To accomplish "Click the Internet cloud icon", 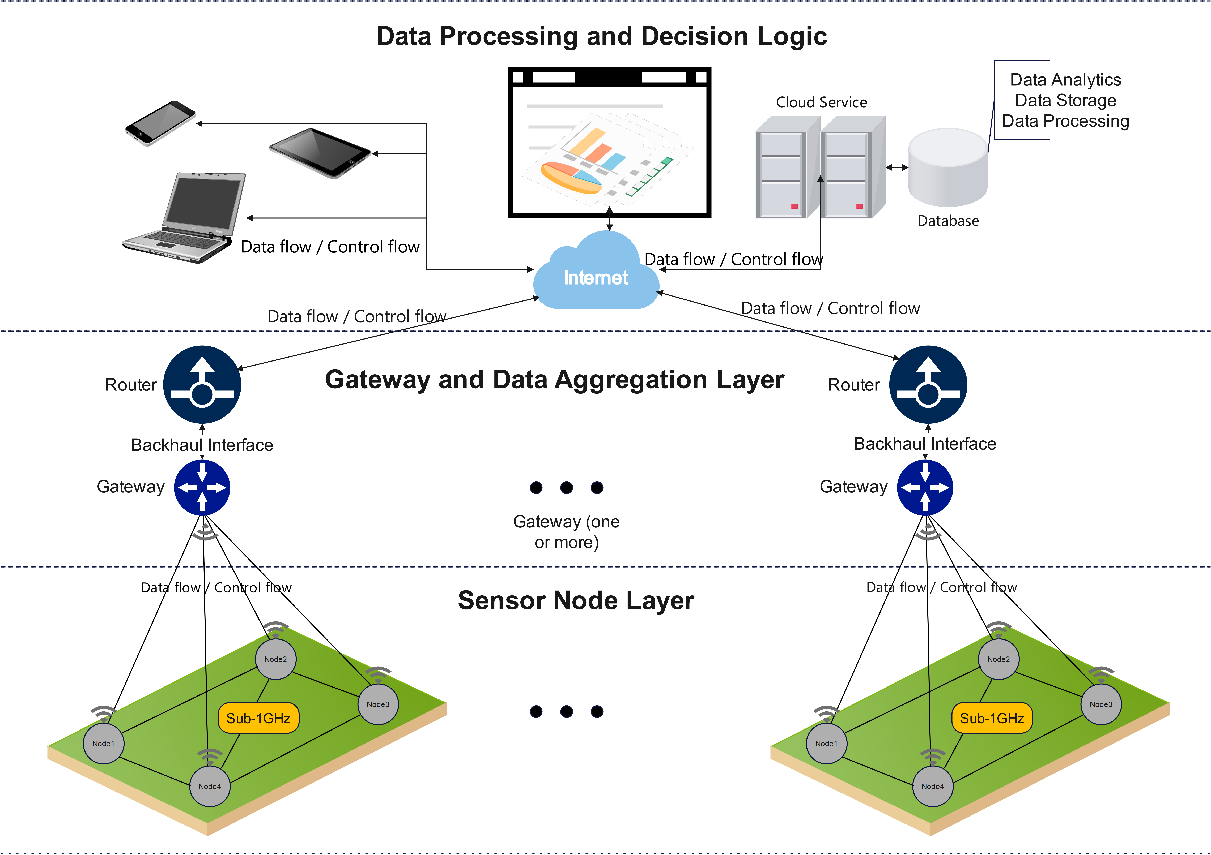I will [x=596, y=274].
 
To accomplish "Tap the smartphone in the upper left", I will [x=160, y=123].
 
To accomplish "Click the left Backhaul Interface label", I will [x=202, y=445].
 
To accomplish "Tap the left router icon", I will [x=202, y=384].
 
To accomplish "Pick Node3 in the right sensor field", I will [x=1101, y=704].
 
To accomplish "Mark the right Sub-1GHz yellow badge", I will [x=992, y=718].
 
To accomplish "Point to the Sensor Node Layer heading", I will [x=576, y=600].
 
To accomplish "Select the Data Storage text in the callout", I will [x=1065, y=100].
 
